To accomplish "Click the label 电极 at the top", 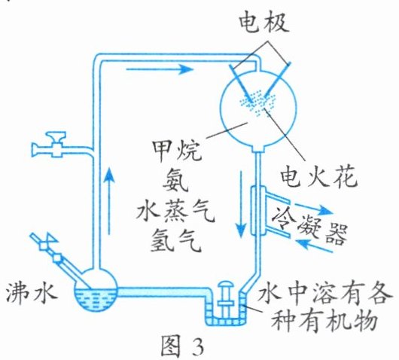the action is pyautogui.click(x=264, y=23).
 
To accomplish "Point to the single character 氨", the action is pyautogui.click(x=175, y=182).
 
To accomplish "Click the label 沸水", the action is pyautogui.click(x=31, y=294).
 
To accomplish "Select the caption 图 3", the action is pyautogui.click(x=182, y=346).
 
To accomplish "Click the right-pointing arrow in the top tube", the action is pyautogui.click(x=160, y=69).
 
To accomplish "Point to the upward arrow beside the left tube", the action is pyautogui.click(x=109, y=200).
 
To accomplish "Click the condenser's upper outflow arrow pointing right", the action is pyautogui.click(x=314, y=209).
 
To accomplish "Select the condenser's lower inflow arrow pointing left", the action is pyautogui.click(x=315, y=246).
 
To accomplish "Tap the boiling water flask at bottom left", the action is pyautogui.click(x=95, y=291).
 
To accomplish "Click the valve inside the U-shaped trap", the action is pyautogui.click(x=226, y=295).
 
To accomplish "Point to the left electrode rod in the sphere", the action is pyautogui.click(x=242, y=84).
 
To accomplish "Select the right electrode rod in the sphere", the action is pyautogui.click(x=277, y=81).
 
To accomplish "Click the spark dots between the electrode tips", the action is pyautogui.click(x=257, y=104).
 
